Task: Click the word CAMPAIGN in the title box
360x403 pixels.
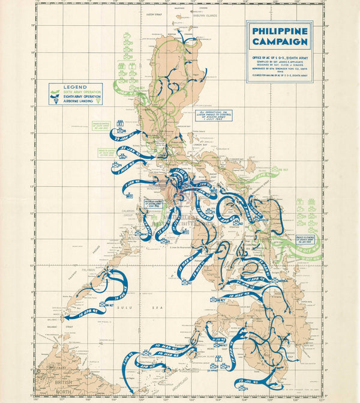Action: pyautogui.click(x=280, y=41)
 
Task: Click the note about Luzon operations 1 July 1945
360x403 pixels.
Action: pyautogui.click(x=214, y=115)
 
